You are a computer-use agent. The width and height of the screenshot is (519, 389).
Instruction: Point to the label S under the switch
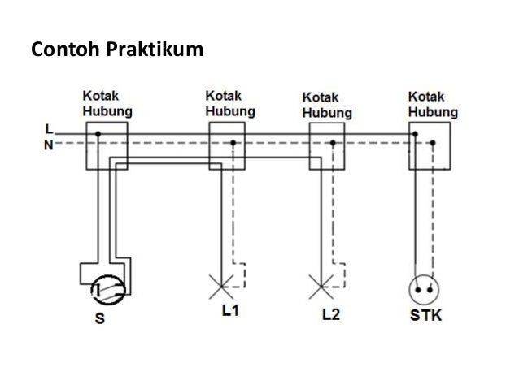[x=100, y=318]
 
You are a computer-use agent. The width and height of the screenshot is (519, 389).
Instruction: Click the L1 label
[x=234, y=313]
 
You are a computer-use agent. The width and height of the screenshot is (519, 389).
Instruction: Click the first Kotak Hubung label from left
[x=108, y=103]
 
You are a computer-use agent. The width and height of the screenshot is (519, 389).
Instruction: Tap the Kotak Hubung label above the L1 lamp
[x=228, y=103]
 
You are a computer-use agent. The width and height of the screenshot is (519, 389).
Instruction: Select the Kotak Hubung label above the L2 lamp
[x=328, y=106]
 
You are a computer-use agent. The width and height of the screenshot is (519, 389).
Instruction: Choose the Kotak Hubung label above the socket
[x=431, y=103]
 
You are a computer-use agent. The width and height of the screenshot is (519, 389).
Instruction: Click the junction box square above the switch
[x=107, y=146]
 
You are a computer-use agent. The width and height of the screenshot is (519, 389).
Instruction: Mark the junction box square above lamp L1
[x=229, y=145]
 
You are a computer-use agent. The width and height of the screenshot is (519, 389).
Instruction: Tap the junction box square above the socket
[x=429, y=146]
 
